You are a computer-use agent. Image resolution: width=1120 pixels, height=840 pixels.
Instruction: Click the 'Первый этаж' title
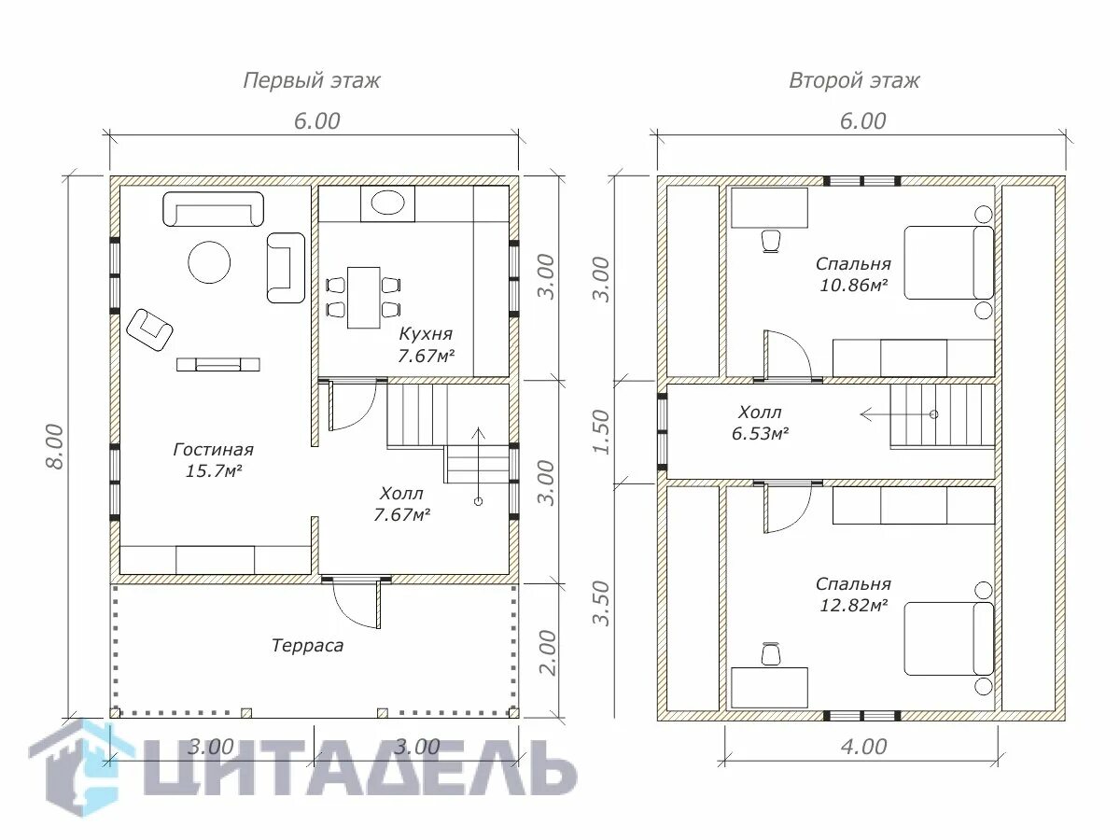[312, 80]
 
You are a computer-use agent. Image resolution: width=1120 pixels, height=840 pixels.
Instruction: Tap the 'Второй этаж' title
[854, 80]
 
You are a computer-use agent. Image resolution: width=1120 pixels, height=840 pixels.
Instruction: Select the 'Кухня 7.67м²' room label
[427, 343]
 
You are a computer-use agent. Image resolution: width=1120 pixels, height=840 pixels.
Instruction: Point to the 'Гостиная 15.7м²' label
[213, 460]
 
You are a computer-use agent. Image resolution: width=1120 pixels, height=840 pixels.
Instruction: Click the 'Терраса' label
[308, 645]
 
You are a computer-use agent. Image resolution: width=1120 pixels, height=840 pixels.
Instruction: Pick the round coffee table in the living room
[209, 262]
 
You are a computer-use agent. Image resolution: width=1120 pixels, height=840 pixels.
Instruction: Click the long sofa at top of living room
[214, 209]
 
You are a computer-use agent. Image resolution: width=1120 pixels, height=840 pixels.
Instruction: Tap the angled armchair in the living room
[150, 329]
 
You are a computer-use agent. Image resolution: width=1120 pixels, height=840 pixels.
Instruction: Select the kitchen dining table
[364, 297]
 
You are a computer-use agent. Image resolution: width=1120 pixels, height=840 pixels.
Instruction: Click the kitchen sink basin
[387, 201]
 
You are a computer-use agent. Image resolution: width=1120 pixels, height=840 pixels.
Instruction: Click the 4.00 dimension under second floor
[863, 747]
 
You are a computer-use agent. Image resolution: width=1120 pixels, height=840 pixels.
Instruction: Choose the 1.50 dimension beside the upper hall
[601, 432]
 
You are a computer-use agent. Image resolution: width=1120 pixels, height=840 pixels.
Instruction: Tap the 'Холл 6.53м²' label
[761, 422]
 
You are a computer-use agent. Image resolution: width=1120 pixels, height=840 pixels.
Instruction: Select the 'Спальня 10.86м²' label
[853, 274]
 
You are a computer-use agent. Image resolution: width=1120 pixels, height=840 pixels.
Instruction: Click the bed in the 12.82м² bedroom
[948, 638]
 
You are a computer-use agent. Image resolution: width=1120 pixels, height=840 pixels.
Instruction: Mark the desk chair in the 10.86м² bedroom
[772, 241]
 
